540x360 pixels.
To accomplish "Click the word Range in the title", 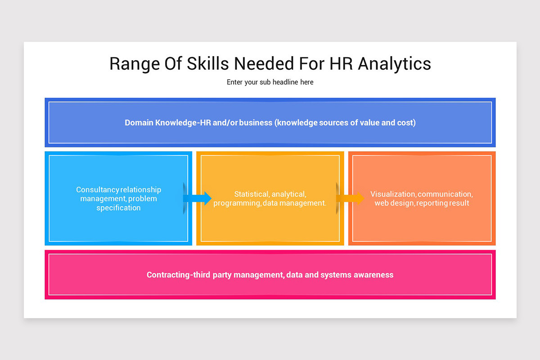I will click(x=130, y=64).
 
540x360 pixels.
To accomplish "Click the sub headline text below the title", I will click(x=270, y=82).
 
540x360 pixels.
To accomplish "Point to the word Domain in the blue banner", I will click(x=139, y=122).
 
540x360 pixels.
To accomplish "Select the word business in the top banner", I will click(x=255, y=122).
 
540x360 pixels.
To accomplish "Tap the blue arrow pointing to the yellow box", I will click(x=198, y=198).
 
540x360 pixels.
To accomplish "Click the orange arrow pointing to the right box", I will click(x=351, y=198).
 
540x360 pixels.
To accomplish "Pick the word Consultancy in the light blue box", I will click(x=97, y=190).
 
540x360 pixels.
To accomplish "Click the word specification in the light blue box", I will click(x=118, y=208).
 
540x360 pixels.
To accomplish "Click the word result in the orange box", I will click(x=459, y=203).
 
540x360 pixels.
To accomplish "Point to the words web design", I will click(x=394, y=203).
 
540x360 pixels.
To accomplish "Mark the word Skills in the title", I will click(x=201, y=64).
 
